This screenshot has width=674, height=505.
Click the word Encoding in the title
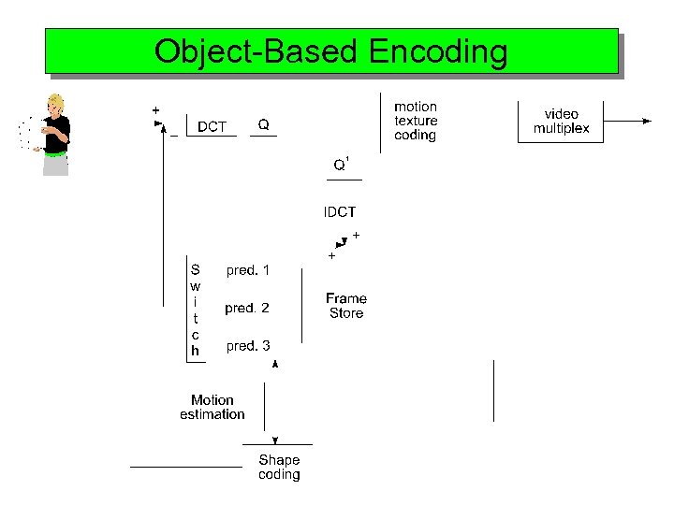(x=438, y=52)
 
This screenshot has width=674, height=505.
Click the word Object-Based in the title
(x=256, y=51)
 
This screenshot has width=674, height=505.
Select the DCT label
(x=212, y=126)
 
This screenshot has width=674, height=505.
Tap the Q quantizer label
(x=264, y=124)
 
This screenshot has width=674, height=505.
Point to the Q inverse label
(x=342, y=165)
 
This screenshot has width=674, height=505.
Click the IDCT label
(x=340, y=212)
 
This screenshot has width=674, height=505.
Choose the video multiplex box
(x=561, y=122)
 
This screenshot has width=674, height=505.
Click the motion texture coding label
(x=416, y=122)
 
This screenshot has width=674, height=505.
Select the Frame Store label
(x=346, y=306)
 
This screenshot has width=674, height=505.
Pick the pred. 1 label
(x=248, y=270)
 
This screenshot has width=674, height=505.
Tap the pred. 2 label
(x=247, y=308)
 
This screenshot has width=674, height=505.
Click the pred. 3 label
(x=248, y=346)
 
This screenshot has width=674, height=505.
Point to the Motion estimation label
(x=212, y=407)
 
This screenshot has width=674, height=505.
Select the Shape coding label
(x=279, y=467)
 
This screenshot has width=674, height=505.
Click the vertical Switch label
(x=195, y=309)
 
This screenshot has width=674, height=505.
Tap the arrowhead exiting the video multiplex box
(x=647, y=121)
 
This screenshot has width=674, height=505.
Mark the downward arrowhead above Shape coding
(x=274, y=440)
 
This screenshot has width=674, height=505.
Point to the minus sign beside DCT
(x=174, y=135)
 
